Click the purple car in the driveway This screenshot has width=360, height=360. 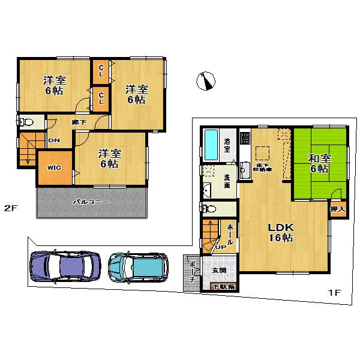65,265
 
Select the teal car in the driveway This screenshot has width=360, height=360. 139,266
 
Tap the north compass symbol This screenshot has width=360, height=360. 206,80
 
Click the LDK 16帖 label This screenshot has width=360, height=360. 280,232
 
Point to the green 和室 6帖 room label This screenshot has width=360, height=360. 319,163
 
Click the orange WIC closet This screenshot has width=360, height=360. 55,169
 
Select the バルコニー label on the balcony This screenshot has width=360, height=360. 91,202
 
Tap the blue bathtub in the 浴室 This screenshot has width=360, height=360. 211,144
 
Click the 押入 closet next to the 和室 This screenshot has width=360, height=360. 337,209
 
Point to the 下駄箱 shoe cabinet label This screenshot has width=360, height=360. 225,287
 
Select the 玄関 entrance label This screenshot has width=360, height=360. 218,271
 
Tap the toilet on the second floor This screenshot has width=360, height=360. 26,122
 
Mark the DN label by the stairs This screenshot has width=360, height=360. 54,140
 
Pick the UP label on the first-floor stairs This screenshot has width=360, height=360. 221,247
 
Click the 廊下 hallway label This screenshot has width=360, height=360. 77,122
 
